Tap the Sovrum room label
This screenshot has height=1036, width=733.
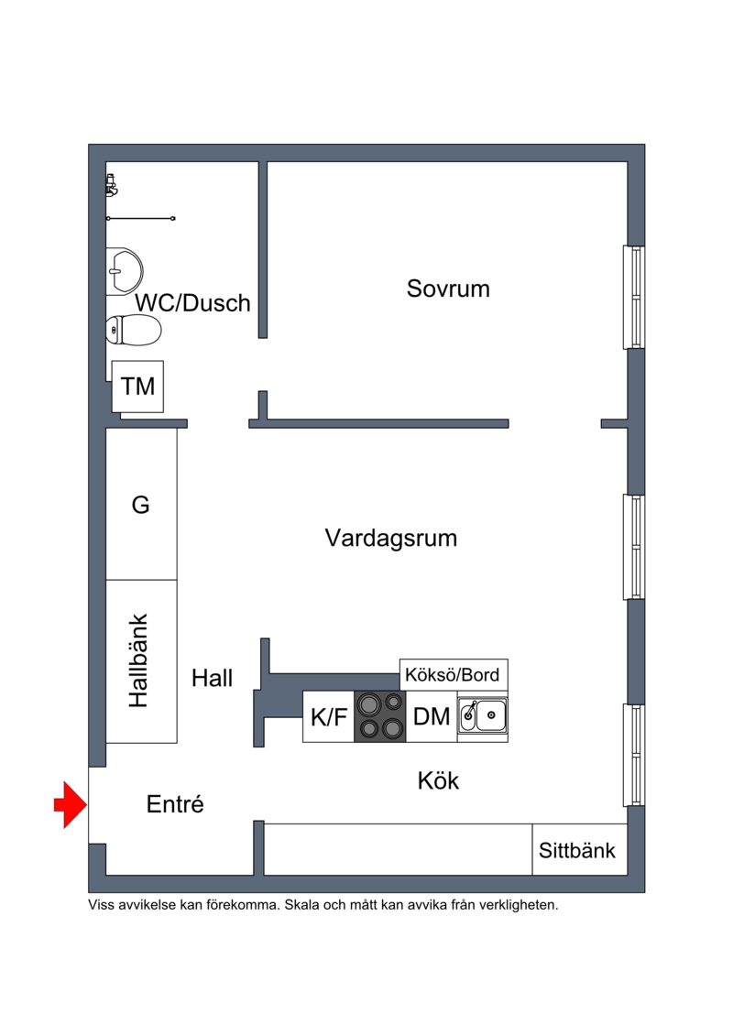448,289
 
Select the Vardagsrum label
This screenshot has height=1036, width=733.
390,538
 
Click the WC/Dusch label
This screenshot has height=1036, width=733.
192,303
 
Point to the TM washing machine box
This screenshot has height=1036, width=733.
138,386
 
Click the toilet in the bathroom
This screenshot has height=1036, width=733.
134,329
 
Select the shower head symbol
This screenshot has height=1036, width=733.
111,186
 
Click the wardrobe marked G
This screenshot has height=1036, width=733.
141,504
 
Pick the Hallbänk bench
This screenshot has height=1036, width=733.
141,660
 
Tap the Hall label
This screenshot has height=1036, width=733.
212,679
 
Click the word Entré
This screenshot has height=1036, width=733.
175,805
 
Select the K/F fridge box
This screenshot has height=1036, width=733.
328,716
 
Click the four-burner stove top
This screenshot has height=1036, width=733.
379,716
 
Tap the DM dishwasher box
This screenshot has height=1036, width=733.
432,716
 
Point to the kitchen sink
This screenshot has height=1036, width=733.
482,716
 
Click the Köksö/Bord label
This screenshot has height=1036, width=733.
454,675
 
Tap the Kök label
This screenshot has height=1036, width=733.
438,781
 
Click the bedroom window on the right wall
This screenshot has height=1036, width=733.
634,297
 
